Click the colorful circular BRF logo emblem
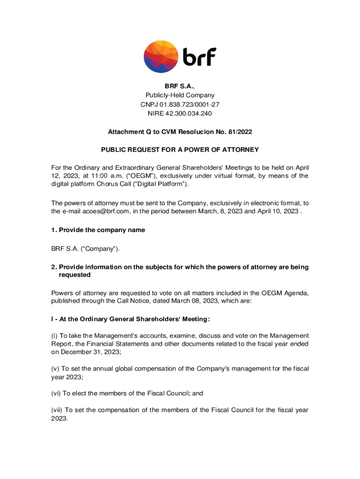[161, 57]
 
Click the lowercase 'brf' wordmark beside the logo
[199, 57]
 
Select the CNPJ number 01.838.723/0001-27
[193, 104]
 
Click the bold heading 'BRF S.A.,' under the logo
[180, 86]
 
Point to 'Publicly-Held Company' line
[180, 95]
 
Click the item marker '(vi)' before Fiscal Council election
[57, 393]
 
